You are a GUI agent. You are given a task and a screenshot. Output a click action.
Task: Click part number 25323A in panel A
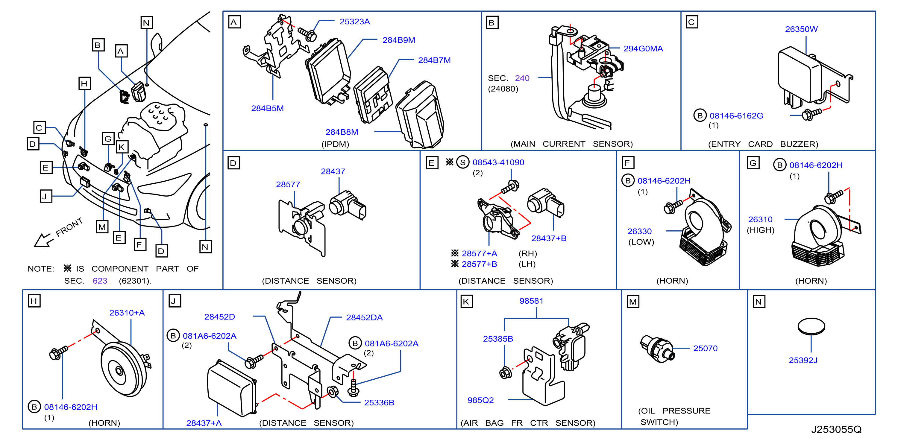[x=354, y=22]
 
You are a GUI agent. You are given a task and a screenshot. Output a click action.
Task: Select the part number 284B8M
[x=342, y=132]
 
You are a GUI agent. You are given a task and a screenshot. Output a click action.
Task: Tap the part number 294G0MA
[x=643, y=49]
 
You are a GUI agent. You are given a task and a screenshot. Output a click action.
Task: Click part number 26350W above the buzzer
[x=801, y=29]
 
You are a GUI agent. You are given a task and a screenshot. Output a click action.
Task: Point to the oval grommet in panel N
[x=811, y=326]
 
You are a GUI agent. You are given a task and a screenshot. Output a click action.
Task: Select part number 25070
[x=705, y=348]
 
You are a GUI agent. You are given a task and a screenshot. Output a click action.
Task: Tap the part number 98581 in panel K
[x=531, y=301]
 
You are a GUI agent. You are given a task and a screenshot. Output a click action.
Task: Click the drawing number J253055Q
[x=836, y=429]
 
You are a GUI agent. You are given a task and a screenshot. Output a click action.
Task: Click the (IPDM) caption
[x=335, y=144]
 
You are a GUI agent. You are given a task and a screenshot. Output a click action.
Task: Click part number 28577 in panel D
[x=288, y=184]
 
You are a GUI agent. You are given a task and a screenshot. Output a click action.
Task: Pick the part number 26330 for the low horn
[x=639, y=231]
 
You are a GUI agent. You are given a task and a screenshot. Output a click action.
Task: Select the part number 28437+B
[x=549, y=238]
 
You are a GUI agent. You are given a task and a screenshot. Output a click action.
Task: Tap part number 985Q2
[x=480, y=400]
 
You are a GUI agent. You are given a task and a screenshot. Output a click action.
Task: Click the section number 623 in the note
[x=100, y=281]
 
